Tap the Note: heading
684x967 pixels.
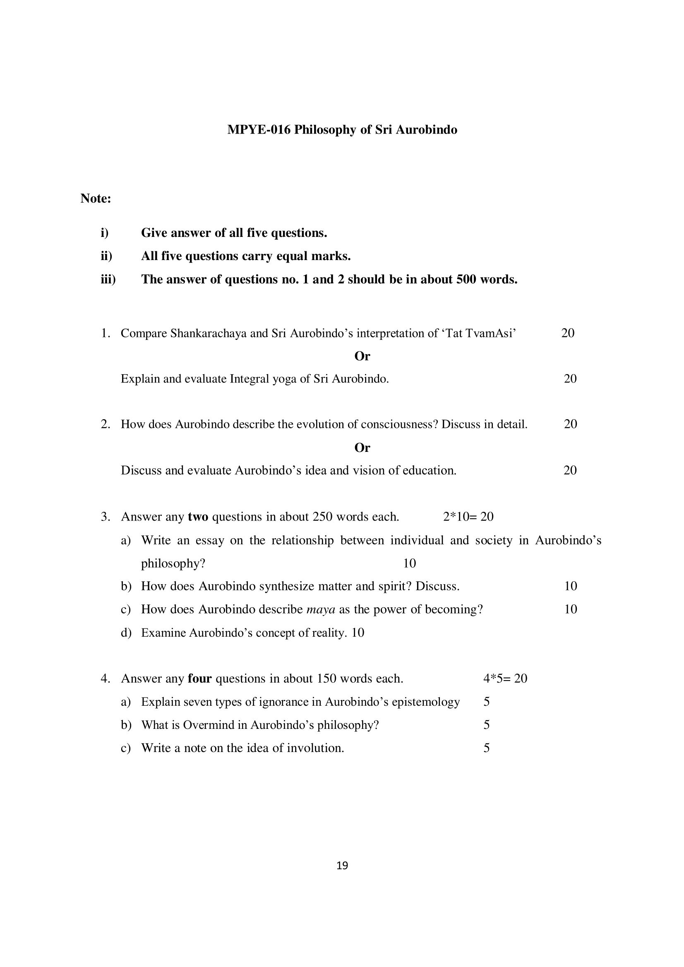96,198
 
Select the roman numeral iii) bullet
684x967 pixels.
108,279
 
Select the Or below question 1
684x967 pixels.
362,356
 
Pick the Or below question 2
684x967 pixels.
362,448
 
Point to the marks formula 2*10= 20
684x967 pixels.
468,517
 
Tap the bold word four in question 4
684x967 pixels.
199,678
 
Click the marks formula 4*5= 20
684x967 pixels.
505,678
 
